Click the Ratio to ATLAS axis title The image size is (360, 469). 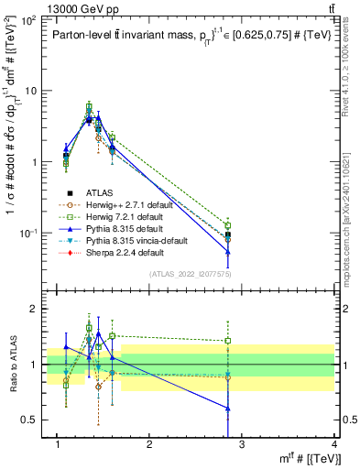pos(12,363)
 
